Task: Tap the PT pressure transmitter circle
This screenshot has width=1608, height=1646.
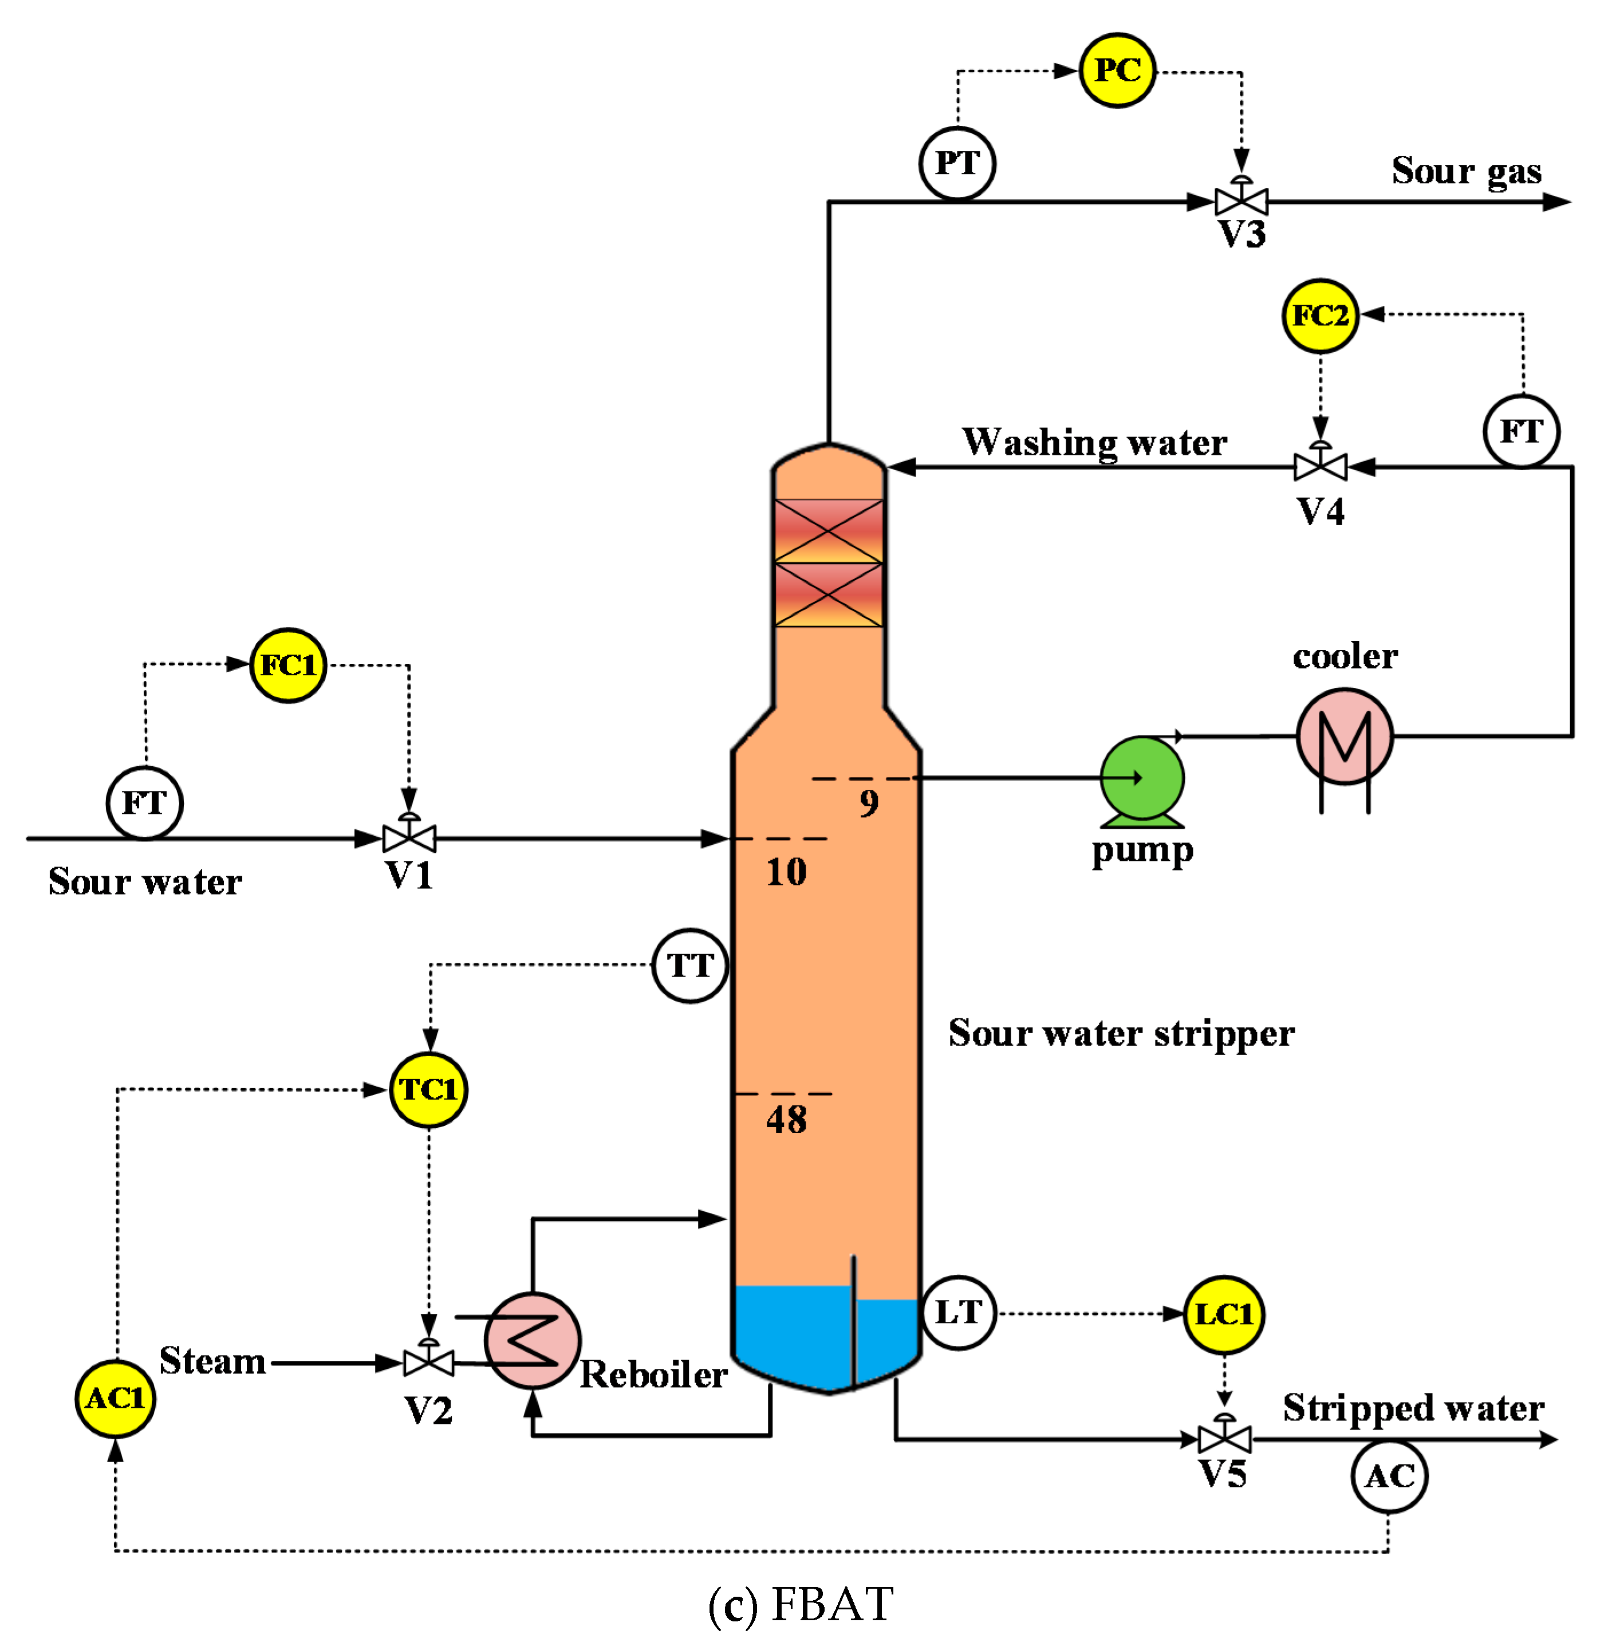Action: (957, 163)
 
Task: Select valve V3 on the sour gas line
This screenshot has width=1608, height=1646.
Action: (1240, 201)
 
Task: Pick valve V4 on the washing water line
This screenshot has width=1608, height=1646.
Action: (1320, 466)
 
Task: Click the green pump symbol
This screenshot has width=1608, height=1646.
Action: (1142, 778)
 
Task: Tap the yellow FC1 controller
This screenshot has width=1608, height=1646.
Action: (288, 665)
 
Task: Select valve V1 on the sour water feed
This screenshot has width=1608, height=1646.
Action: (409, 838)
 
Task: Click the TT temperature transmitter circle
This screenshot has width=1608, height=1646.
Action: (690, 965)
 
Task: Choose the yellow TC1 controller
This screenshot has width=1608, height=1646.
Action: (428, 1089)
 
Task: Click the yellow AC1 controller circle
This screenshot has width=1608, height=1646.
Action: (116, 1399)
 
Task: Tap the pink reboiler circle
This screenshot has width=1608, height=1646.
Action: (532, 1340)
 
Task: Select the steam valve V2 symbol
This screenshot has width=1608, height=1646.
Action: (428, 1363)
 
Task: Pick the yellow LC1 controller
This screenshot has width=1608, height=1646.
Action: (1224, 1314)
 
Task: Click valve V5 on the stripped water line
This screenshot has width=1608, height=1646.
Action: (1224, 1438)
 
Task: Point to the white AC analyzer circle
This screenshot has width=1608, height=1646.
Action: (1389, 1476)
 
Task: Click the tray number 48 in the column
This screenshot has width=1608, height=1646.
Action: (786, 1120)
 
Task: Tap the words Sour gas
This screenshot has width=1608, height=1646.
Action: (1466, 171)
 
